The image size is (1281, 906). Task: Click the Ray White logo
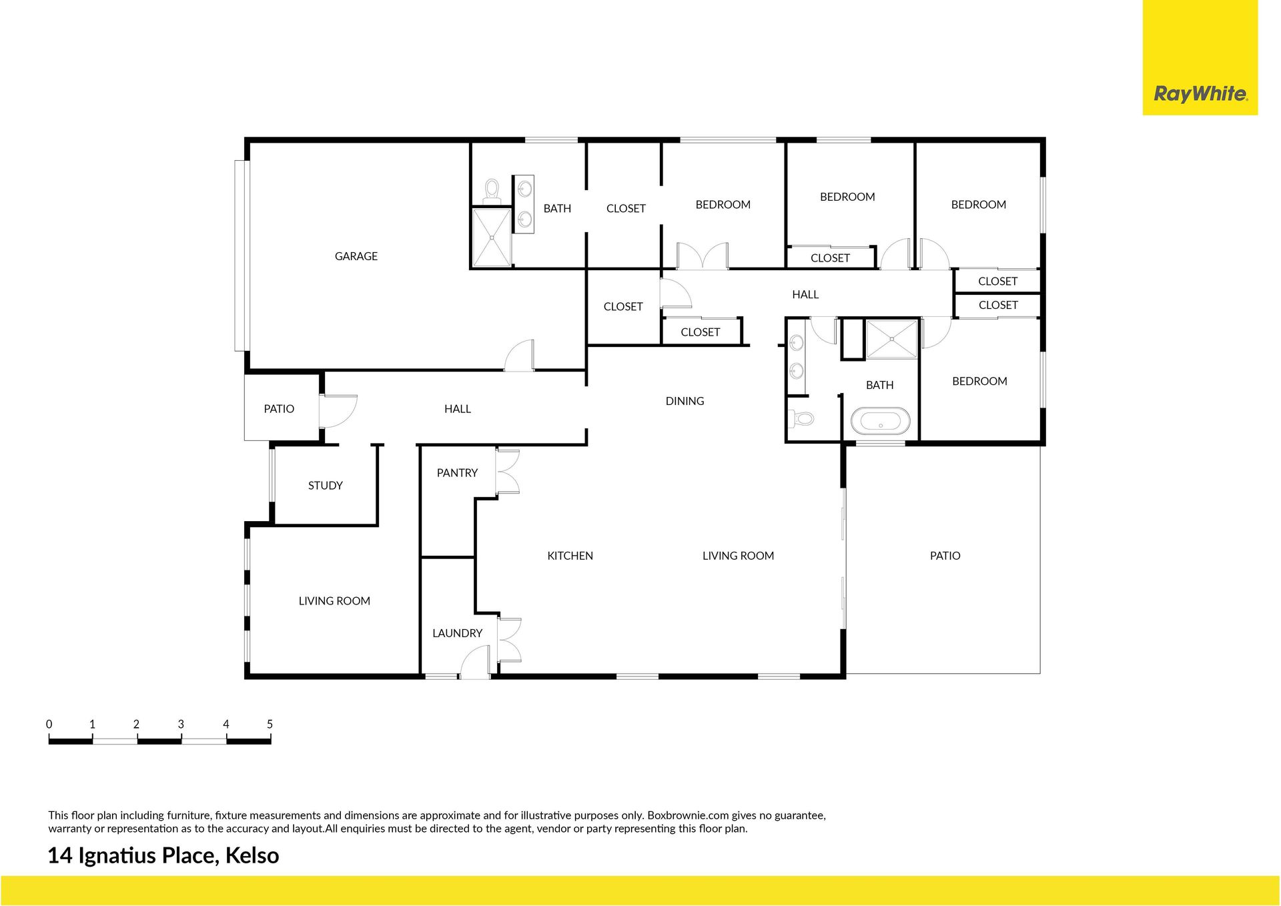coord(1200,93)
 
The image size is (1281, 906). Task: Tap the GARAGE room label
coord(356,256)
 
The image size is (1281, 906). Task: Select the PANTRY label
coord(457,473)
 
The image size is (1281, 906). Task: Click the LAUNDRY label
coord(457,633)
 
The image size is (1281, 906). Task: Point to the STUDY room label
coord(326,486)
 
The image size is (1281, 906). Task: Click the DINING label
coord(685,401)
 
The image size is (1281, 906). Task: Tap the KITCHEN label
coord(570,556)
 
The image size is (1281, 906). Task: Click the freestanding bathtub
coord(880,421)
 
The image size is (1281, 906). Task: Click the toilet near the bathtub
coord(801,418)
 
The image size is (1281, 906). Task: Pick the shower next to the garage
coord(492,237)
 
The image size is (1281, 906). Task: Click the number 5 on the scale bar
coord(270,724)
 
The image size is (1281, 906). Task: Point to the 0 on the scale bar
coord(49,724)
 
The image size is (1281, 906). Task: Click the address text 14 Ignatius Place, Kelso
coord(163,855)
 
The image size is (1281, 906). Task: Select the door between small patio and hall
coord(338,411)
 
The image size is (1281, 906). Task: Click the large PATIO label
coord(945,556)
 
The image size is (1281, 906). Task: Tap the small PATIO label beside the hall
coord(279,409)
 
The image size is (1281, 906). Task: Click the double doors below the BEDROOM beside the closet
coord(703,256)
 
